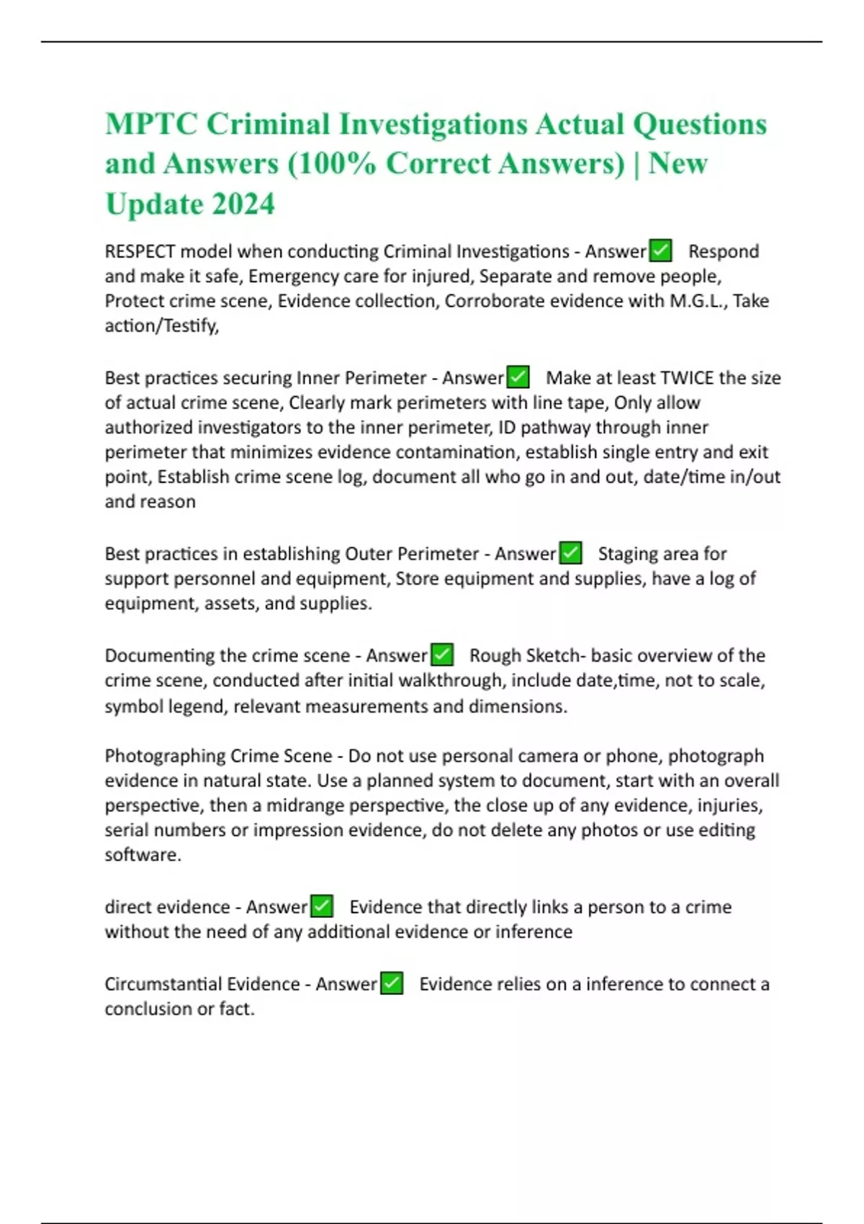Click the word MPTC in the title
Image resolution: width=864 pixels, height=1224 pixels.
(151, 124)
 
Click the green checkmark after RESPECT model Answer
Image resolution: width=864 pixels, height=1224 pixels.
(660, 251)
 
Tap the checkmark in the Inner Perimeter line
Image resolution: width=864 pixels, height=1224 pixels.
(518, 377)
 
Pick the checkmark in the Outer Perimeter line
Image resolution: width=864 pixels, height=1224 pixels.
(570, 553)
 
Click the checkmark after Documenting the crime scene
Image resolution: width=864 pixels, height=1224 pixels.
(441, 655)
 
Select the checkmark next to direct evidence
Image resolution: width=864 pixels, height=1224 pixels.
(321, 906)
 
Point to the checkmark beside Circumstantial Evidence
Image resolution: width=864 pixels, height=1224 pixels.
(391, 984)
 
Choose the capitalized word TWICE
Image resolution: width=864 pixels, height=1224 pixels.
(687, 378)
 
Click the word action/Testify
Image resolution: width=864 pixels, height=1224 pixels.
(161, 326)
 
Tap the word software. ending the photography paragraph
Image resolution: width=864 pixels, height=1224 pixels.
(143, 855)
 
